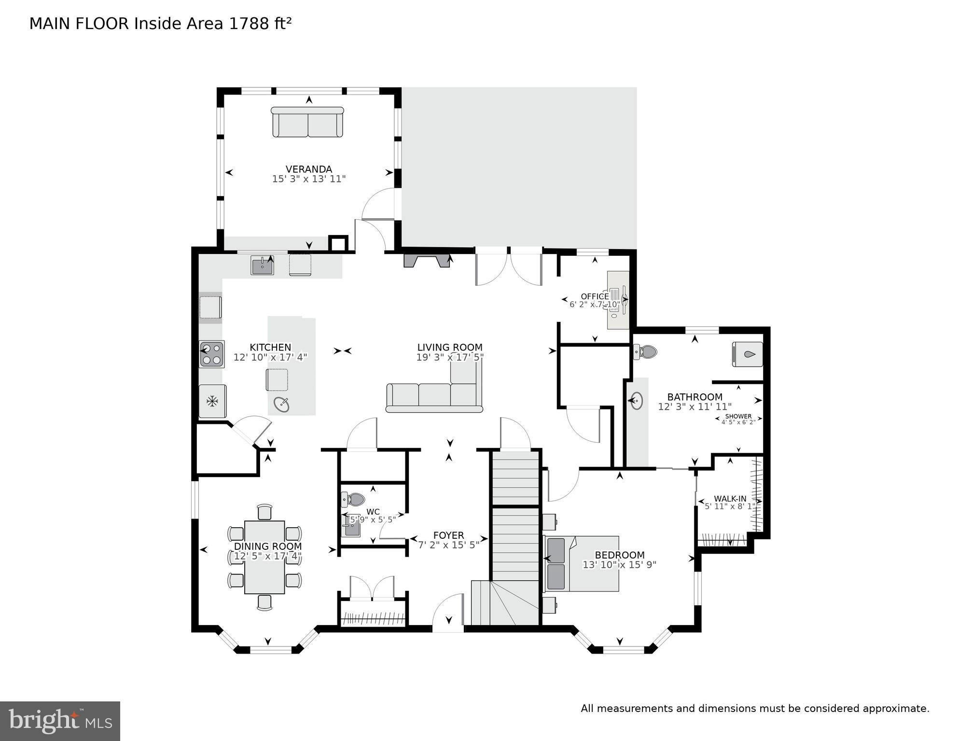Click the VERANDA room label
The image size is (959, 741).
(308, 169)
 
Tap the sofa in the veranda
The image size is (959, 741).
(307, 123)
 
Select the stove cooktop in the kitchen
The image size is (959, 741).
(212, 354)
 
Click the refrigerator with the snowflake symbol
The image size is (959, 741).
(212, 401)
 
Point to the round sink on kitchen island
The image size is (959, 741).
(281, 404)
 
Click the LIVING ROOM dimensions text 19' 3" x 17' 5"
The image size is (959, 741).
(450, 357)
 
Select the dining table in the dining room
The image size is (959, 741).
(264, 557)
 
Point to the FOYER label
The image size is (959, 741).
(448, 535)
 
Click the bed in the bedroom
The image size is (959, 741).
(582, 563)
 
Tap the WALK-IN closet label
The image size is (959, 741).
(730, 499)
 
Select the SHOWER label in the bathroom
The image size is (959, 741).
(738, 416)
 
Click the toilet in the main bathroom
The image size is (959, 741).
(646, 352)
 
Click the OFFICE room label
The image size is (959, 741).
(595, 296)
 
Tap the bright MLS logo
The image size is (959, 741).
(60, 721)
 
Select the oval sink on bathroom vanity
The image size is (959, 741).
(637, 401)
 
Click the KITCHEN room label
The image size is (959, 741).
(270, 347)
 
